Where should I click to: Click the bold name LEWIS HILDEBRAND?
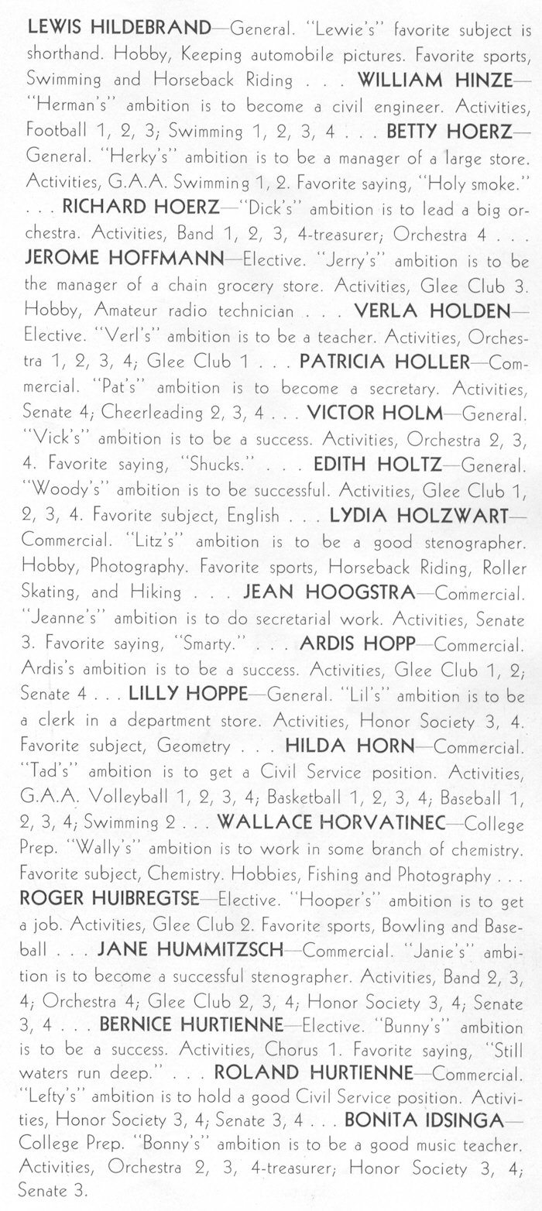point(118,29)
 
